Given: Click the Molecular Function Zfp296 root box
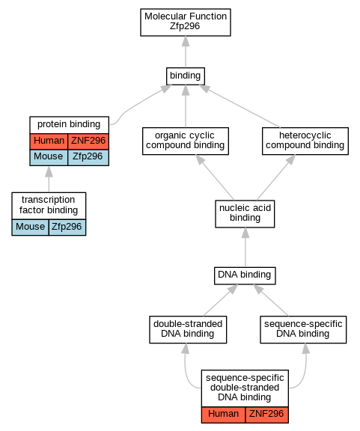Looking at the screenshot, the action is coord(186,22).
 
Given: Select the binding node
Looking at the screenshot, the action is coord(186,76).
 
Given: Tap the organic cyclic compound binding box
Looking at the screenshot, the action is coord(186,141).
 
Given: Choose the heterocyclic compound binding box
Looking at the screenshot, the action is coord(305,141).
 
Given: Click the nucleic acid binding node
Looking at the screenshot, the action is coord(245,214).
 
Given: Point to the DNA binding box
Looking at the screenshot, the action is coord(245,275).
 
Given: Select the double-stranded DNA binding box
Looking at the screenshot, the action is coord(188,329).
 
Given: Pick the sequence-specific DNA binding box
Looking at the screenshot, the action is coord(303,329).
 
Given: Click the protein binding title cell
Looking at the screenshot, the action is coord(69,125).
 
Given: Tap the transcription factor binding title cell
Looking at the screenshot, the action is coord(49,206).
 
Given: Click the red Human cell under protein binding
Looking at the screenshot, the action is coord(49,141).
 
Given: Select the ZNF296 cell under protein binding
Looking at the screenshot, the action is coord(88,141).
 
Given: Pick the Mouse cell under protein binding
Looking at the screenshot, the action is coord(49,157).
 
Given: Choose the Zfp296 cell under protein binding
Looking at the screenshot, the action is coord(88,157).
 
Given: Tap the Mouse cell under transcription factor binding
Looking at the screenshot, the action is coord(30,227).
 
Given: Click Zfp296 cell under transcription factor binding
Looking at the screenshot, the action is coord(67,227).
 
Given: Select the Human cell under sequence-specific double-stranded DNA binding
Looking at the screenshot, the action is coord(223,415).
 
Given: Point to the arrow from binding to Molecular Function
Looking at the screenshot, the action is coord(186,52).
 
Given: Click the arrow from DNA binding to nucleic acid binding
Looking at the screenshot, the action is coord(245,247).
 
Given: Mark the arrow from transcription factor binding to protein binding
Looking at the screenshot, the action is coord(49,179).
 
